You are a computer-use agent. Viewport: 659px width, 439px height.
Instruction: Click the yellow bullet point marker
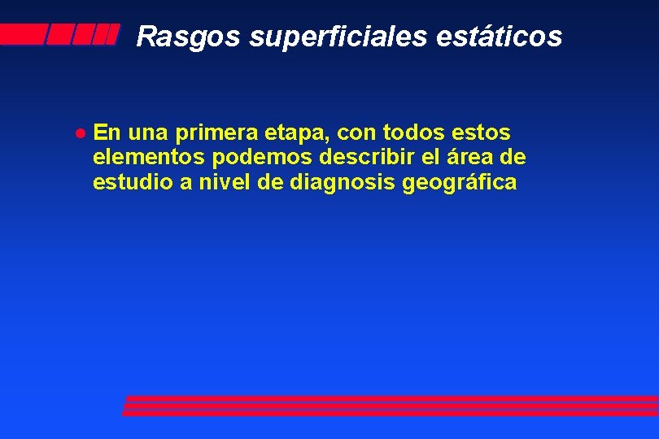80,133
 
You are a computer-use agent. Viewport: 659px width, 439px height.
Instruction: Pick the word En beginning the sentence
106,132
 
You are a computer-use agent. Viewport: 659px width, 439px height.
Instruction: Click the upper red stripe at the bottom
391,400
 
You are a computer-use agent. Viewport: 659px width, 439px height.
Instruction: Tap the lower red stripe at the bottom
391,411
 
